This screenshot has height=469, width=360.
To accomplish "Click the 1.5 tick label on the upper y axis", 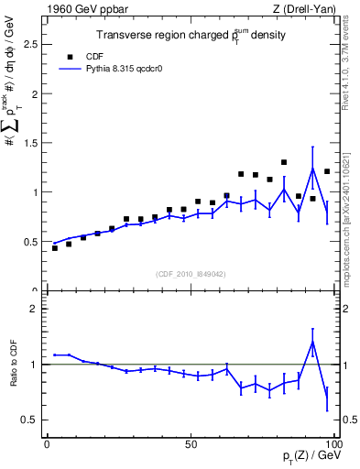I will [31, 143].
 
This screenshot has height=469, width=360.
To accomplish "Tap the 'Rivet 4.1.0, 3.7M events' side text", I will [351, 64].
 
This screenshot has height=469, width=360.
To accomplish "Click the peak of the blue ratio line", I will [312, 342].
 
